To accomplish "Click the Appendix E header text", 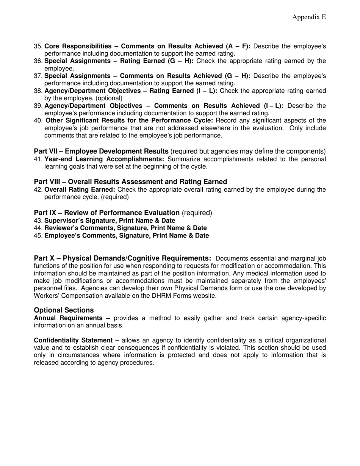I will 309,17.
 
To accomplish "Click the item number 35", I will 38,46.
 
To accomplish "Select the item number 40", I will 38,120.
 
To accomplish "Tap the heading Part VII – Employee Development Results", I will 101,152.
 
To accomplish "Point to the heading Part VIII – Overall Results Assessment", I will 130,182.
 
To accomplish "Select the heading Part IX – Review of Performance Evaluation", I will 106,213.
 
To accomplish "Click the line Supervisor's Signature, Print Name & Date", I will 110,220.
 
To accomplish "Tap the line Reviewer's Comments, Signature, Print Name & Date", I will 125,228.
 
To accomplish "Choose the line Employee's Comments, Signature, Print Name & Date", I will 127,236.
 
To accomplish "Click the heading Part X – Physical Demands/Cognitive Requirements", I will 122,258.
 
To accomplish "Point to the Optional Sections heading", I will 64,310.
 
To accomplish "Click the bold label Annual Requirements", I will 68,318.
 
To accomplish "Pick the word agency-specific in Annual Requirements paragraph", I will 304,318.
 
